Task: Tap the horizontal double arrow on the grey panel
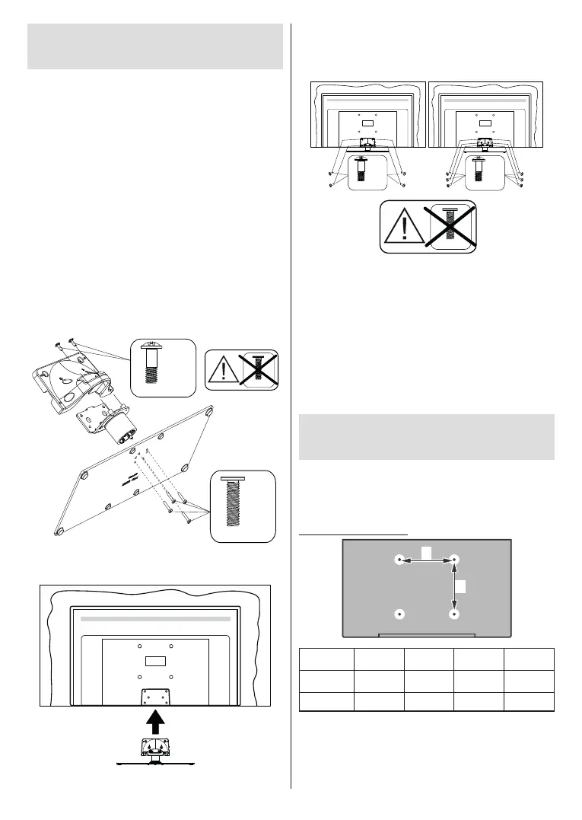click(427, 560)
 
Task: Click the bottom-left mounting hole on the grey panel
click(400, 613)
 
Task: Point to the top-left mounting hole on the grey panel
click(400, 560)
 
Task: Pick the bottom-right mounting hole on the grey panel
click(454, 613)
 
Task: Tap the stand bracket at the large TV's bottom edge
click(156, 695)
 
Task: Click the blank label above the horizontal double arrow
click(427, 550)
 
